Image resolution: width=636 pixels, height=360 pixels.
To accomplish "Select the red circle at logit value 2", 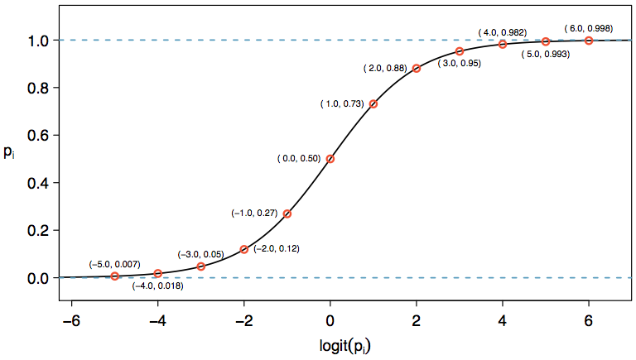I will click(x=417, y=68).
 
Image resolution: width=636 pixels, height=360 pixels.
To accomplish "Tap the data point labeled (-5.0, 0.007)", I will click(x=115, y=276).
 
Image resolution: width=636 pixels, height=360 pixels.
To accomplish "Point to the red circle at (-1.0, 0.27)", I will click(x=287, y=214).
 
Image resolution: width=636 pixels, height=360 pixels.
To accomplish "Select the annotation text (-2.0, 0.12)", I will click(x=276, y=248).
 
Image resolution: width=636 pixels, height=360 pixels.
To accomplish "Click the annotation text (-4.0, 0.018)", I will click(x=157, y=286).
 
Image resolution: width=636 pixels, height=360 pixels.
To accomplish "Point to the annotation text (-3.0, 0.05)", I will click(x=201, y=254).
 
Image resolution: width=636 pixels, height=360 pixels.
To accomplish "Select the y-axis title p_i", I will click(x=9, y=153).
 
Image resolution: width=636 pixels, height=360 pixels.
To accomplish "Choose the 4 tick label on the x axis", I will click(x=503, y=318).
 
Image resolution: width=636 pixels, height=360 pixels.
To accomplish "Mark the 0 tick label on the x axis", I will click(x=330, y=318).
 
